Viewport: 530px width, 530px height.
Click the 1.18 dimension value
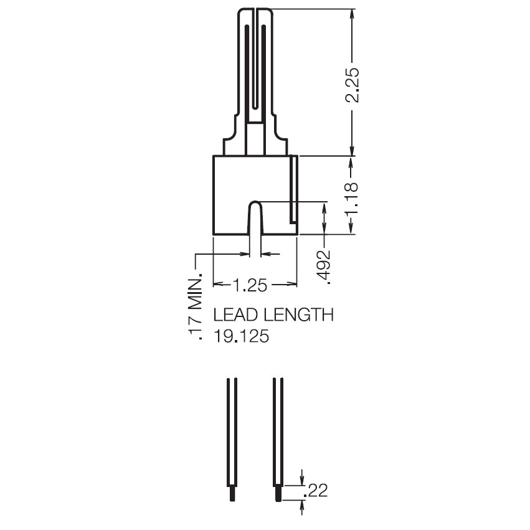coord(353,196)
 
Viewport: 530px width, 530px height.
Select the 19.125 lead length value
coord(241,337)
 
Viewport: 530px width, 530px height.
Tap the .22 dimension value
coord(315,491)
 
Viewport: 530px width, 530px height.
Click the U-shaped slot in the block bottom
coord(255,218)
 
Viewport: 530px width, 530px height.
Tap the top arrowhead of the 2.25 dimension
coord(353,14)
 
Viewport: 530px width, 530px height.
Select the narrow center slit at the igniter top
coord(255,62)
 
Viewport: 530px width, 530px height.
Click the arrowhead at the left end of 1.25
coord(217,285)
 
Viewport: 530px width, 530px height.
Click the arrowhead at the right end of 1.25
coord(292,285)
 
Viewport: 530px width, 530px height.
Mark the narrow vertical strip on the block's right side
coord(293,189)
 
